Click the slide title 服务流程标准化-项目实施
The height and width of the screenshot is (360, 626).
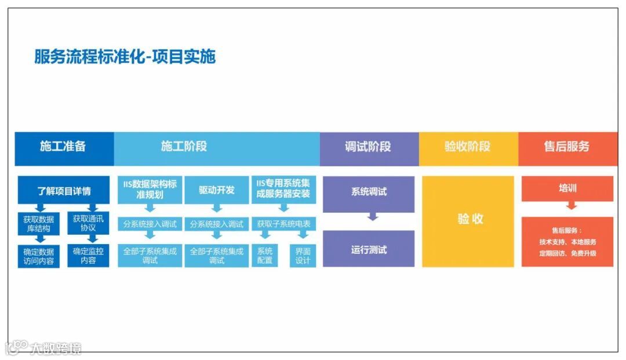pyautogui.click(x=125, y=57)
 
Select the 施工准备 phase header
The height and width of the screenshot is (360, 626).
pyautogui.click(x=63, y=147)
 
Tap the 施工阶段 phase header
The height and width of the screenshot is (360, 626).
pyautogui.click(x=184, y=147)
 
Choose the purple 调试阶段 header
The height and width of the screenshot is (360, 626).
pyautogui.click(x=368, y=147)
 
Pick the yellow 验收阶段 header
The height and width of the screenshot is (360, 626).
pyautogui.click(x=467, y=147)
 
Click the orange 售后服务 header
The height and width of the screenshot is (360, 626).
pyautogui.click(x=566, y=147)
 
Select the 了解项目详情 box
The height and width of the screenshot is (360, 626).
pyautogui.click(x=64, y=190)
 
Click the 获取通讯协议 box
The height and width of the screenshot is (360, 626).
pyautogui.click(x=88, y=223)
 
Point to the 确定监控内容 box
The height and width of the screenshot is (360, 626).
pyautogui.click(x=88, y=256)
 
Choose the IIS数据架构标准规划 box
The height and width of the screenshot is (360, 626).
pyautogui.click(x=150, y=190)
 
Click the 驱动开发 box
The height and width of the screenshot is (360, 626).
pyautogui.click(x=216, y=190)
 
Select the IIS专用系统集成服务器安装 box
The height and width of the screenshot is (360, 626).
pyautogui.click(x=283, y=190)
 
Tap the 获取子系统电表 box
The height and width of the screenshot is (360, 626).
pyautogui.click(x=283, y=224)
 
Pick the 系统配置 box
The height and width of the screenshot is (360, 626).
pyautogui.click(x=265, y=256)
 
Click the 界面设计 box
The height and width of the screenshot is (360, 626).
pyautogui.click(x=303, y=256)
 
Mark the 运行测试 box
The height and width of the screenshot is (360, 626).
pyautogui.click(x=369, y=250)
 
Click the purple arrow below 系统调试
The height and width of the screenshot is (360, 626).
pyautogui.click(x=373, y=217)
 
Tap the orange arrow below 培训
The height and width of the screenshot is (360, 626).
pyautogui.click(x=572, y=205)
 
